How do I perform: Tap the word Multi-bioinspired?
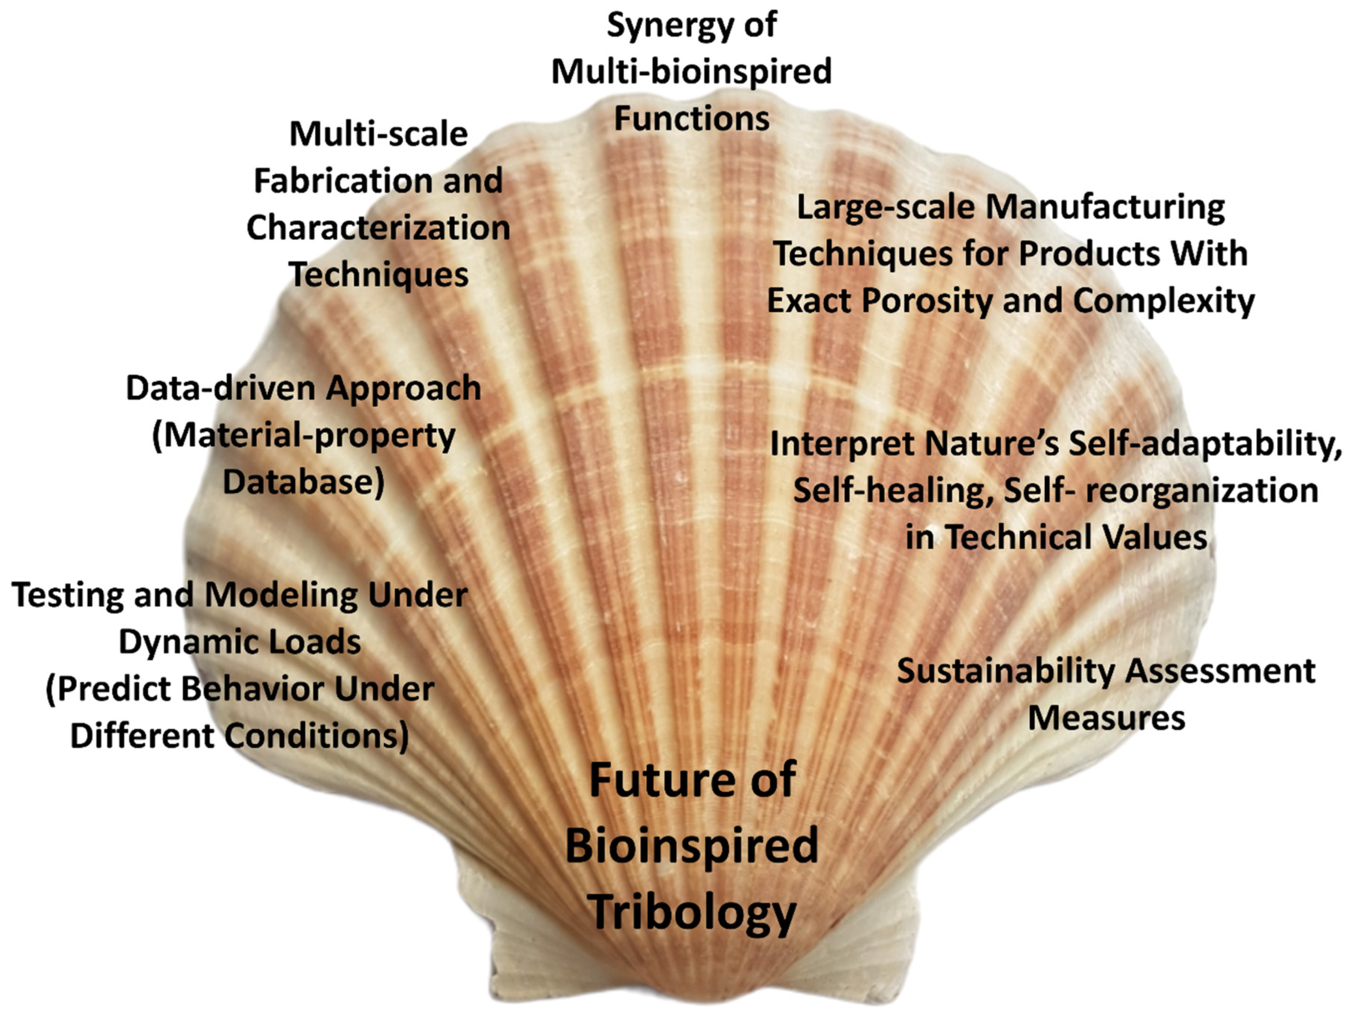pos(691,72)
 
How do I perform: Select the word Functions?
pos(691,118)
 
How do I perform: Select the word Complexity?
pos(1164,301)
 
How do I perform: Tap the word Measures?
pos(1106,718)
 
